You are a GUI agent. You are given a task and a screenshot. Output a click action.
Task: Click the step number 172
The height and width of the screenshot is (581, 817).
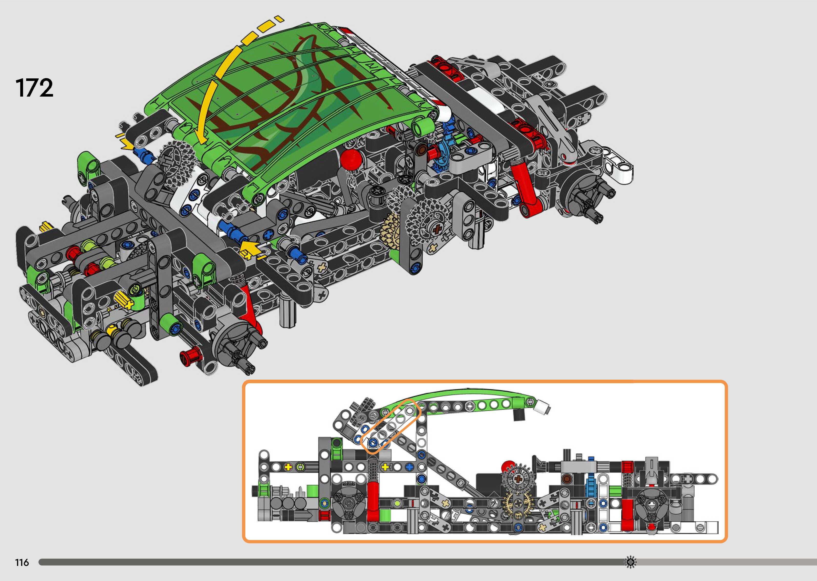pyautogui.click(x=34, y=88)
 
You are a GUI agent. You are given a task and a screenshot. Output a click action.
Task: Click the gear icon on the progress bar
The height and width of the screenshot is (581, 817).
pyautogui.click(x=630, y=562)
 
